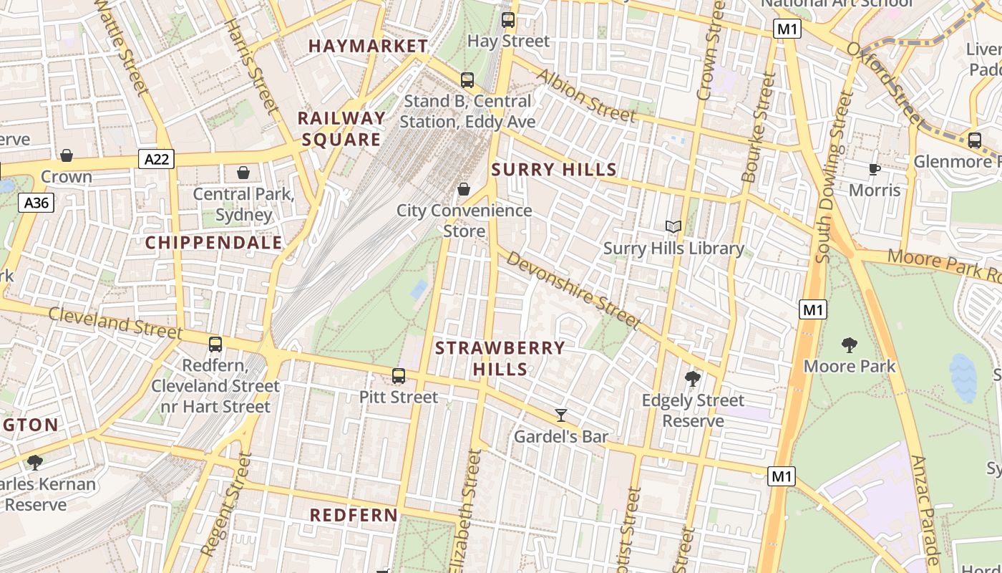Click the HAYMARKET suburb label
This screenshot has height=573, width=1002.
(x=368, y=46)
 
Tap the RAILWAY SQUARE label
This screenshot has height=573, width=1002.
(x=341, y=129)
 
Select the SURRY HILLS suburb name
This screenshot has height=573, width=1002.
(x=554, y=170)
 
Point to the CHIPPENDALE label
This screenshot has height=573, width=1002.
(x=214, y=243)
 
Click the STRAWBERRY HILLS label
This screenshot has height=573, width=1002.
(x=500, y=358)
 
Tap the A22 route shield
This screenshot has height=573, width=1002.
(x=157, y=159)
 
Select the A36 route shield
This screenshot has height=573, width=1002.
(x=37, y=203)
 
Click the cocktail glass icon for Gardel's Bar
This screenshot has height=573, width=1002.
(x=561, y=415)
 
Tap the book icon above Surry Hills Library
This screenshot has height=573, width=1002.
(x=673, y=227)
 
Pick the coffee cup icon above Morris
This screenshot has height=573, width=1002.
(x=874, y=169)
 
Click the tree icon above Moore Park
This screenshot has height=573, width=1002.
(x=850, y=345)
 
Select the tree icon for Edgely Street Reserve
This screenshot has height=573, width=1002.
(x=692, y=379)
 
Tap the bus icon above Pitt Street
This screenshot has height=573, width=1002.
(x=399, y=376)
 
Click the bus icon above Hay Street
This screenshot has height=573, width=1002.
(x=508, y=20)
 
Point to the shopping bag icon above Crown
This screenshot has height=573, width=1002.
(x=67, y=155)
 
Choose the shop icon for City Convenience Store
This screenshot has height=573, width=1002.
(x=464, y=189)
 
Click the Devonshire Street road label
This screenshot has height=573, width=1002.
(x=573, y=289)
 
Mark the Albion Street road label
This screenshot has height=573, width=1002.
(x=585, y=95)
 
